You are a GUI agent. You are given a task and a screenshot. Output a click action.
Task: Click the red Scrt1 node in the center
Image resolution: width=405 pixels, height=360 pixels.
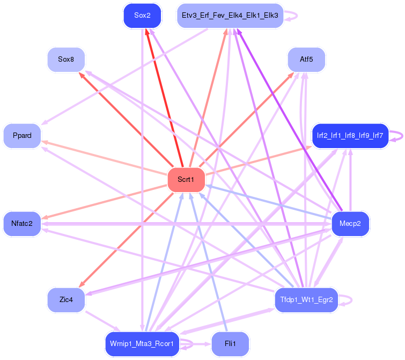tap(187, 180)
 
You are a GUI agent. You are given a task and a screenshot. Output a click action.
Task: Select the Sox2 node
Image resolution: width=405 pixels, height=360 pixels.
tap(142, 16)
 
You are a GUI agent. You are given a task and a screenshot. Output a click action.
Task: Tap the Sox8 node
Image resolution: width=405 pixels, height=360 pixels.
tap(66, 60)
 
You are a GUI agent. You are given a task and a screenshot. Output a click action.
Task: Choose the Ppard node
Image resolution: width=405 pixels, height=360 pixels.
tap(22, 136)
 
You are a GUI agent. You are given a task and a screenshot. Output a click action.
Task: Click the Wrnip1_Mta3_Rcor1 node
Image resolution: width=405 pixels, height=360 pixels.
tap(142, 344)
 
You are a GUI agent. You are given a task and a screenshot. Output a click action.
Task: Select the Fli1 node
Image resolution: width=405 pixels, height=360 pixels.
tap(231, 344)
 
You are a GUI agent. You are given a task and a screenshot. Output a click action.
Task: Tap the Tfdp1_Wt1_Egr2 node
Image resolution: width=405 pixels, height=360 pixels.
tap(306, 299)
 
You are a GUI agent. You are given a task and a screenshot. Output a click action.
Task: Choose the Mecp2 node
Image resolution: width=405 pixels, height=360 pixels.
tap(350, 223)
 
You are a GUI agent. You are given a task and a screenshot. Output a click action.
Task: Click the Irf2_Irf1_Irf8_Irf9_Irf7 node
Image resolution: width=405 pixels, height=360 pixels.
tap(350, 136)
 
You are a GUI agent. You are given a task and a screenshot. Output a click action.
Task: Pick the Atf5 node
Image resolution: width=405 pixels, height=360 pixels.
tap(306, 60)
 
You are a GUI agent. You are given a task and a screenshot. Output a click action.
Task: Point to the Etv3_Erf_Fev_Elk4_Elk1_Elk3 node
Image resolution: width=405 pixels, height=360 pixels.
tap(230, 16)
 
